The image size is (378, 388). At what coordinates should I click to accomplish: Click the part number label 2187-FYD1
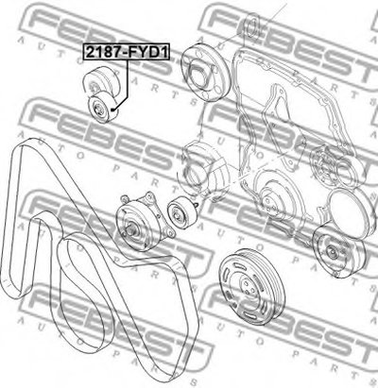point(127,52)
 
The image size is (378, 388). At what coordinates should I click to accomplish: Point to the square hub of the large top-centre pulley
point(199,76)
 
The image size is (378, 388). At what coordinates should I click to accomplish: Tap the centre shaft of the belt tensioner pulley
point(130,229)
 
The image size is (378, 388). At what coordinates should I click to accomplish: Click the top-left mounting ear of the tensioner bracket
point(124,198)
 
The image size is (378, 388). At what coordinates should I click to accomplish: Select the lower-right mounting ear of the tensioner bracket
point(171,233)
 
